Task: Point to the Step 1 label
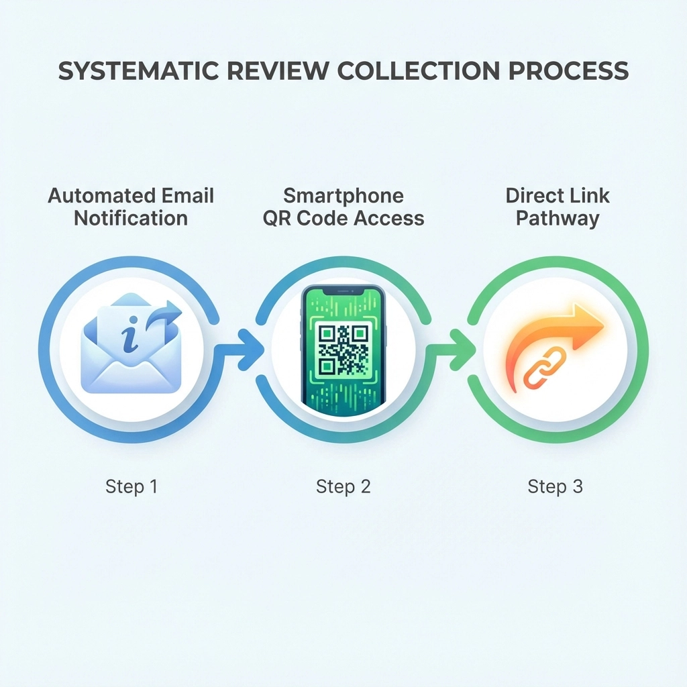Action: pyautogui.click(x=131, y=486)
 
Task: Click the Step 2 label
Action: pyautogui.click(x=343, y=486)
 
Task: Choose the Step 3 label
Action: pyautogui.click(x=555, y=486)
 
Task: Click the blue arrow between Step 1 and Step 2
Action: pyautogui.click(x=244, y=350)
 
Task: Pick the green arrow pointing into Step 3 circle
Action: pyautogui.click(x=458, y=350)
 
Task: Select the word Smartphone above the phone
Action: pyautogui.click(x=343, y=196)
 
